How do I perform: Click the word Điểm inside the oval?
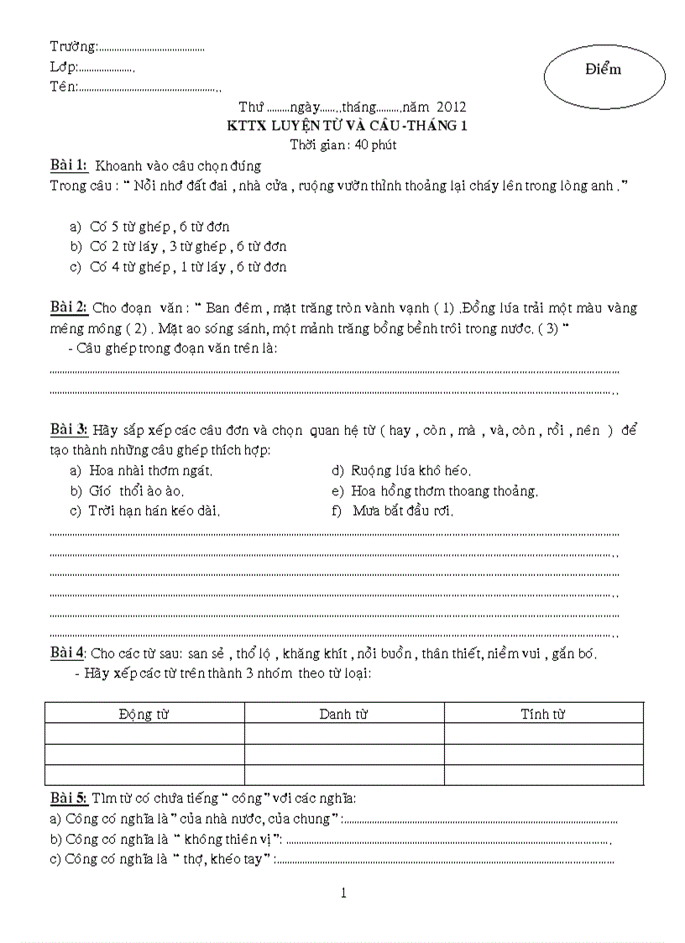coord(603,70)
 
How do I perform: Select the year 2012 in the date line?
coord(451,107)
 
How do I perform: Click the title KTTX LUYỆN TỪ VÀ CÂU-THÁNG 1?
coord(348,126)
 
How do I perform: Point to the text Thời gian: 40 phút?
coord(342,144)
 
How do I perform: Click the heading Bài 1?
coord(69,165)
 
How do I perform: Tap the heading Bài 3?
coord(69,430)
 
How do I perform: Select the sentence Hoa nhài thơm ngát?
coord(150,471)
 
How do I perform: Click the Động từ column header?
coord(144,714)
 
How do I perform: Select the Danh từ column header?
coord(344,714)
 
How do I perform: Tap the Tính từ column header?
coord(543,714)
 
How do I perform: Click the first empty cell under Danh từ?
coord(344,734)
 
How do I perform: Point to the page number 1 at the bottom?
coord(343,893)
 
